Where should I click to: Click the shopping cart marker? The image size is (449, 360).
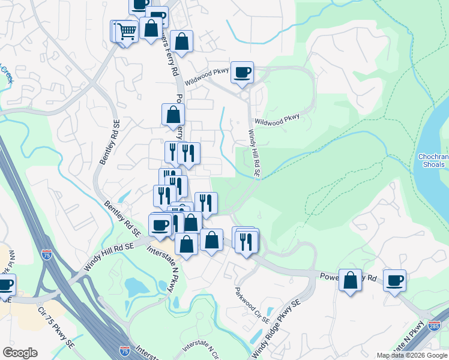point(126,31)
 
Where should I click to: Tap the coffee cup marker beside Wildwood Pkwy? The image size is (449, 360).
point(242,73)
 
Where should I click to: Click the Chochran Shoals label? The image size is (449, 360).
point(431,160)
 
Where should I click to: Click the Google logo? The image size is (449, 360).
point(20,353)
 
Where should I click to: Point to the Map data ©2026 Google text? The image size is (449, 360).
point(412,355)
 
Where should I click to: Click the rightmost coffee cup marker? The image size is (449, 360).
point(394,280)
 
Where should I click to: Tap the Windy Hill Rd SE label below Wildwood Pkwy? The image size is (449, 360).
point(254,153)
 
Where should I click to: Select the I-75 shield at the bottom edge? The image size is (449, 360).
point(124,350)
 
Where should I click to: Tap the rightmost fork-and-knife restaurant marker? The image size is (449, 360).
point(247,241)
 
